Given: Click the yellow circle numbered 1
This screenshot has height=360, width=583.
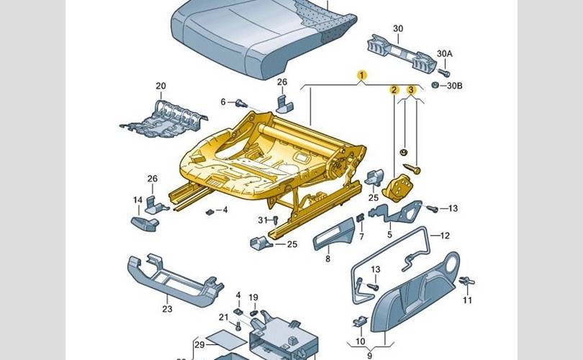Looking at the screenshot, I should (x=363, y=75).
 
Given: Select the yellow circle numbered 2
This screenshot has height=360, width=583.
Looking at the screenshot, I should (x=394, y=90).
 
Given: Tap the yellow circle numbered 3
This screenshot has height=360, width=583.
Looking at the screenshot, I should (x=411, y=90).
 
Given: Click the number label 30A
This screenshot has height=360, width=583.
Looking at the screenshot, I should (x=445, y=54).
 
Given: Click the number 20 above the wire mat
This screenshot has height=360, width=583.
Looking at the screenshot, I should (x=161, y=86).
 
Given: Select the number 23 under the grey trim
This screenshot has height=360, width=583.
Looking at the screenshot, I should (x=167, y=310).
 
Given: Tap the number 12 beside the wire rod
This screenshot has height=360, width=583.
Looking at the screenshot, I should (x=445, y=235).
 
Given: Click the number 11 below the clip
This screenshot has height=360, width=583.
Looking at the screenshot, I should (x=468, y=300).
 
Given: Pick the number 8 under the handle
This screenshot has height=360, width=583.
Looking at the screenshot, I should (x=327, y=259).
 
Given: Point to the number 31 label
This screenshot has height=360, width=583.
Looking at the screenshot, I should (x=262, y=220).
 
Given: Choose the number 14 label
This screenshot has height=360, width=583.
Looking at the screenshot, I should (x=137, y=200).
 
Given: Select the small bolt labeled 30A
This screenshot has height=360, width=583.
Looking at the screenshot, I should (x=445, y=72).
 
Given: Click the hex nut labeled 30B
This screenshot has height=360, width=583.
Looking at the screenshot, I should (x=435, y=86).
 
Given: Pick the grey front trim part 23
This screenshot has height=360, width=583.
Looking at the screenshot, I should (x=169, y=277).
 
